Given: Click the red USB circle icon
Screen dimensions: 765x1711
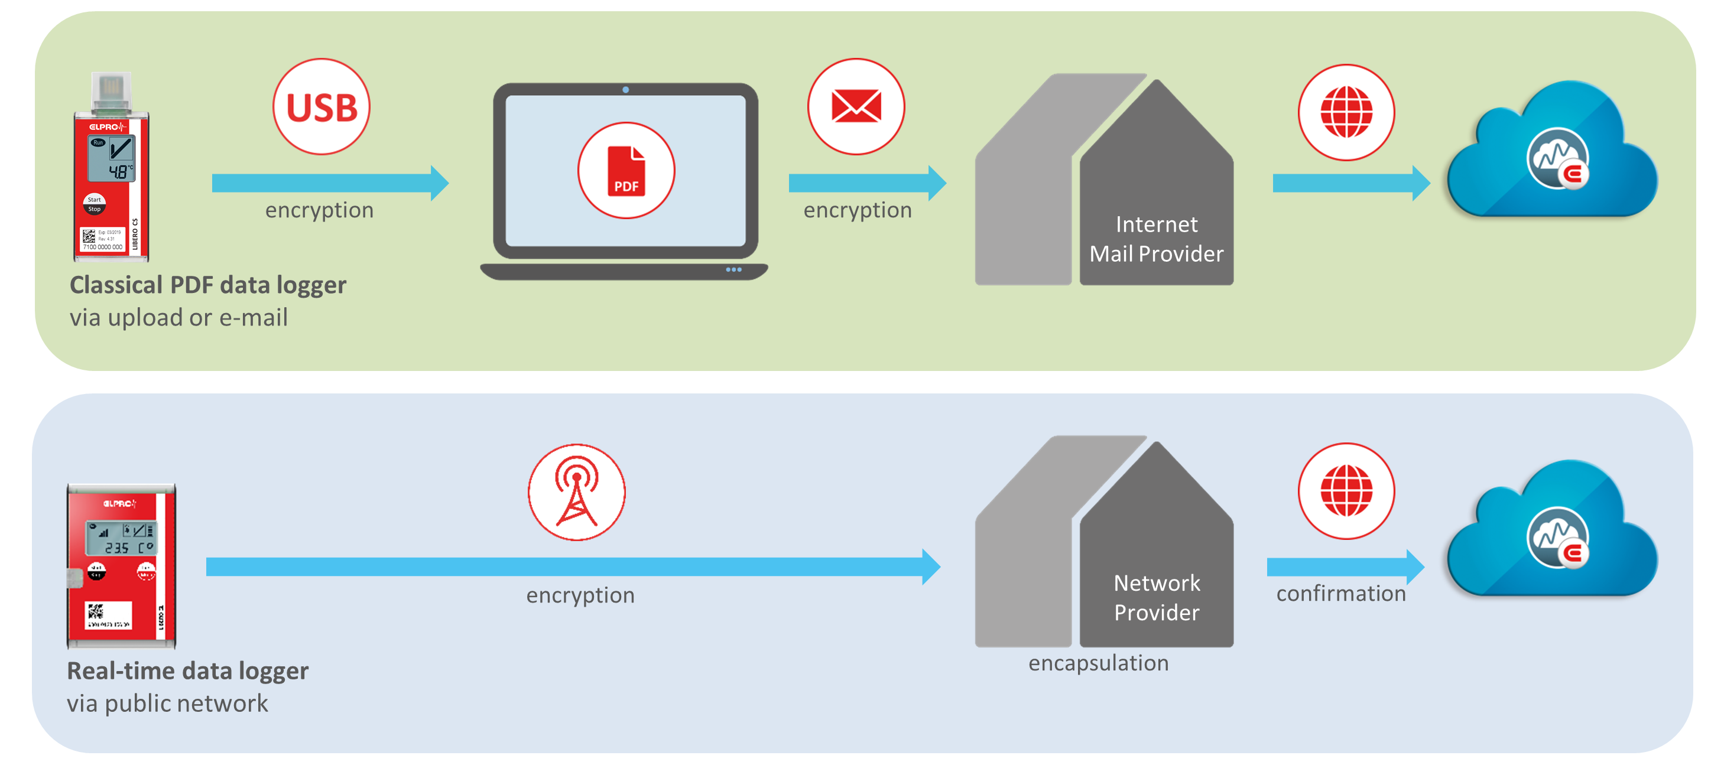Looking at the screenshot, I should pyautogui.click(x=322, y=107).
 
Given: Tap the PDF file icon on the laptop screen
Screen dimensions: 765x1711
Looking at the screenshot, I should pyautogui.click(x=626, y=171).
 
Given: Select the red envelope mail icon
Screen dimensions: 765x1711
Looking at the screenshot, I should pyautogui.click(x=856, y=107).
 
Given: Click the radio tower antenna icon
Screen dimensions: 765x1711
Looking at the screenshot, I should pyautogui.click(x=576, y=492).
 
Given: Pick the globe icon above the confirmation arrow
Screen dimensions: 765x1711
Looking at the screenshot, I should pyautogui.click(x=1346, y=491).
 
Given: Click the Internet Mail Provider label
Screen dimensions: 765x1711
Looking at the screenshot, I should pyautogui.click(x=1157, y=239).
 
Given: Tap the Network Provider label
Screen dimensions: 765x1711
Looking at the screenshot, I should pyautogui.click(x=1157, y=598).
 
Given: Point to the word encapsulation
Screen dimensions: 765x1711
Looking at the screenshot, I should pyautogui.click(x=1099, y=663).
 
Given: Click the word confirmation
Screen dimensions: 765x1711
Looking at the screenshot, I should pyautogui.click(x=1341, y=593).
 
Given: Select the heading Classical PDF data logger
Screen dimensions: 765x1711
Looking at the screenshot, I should pyautogui.click(x=208, y=285).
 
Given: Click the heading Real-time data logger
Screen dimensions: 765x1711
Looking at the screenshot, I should pyautogui.click(x=188, y=670).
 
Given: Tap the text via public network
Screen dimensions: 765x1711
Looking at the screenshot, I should pyautogui.click(x=167, y=703).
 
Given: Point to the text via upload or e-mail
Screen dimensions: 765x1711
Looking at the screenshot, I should pyautogui.click(x=178, y=317).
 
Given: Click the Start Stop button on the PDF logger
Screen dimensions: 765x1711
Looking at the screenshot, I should pyautogui.click(x=95, y=204).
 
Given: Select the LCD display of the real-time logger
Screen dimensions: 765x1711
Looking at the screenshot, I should pyautogui.click(x=122, y=539).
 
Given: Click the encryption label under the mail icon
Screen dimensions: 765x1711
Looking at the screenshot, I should pyautogui.click(x=858, y=210).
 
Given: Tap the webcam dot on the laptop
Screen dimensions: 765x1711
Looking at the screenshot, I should pyautogui.click(x=626, y=90).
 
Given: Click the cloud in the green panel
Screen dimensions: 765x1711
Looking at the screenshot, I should pyautogui.click(x=1552, y=156).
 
